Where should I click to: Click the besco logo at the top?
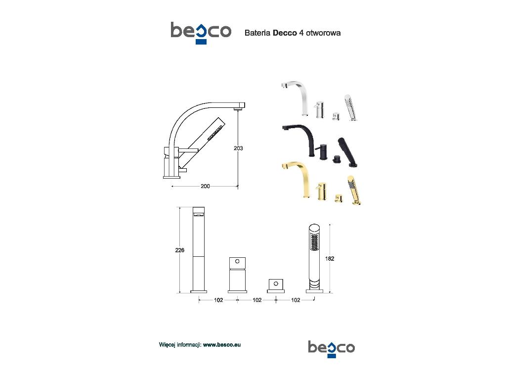pyautogui.click(x=201, y=33)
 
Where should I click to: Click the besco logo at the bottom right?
pyautogui.click(x=332, y=349)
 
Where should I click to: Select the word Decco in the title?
pyautogui.click(x=285, y=33)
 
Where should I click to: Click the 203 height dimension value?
pyautogui.click(x=238, y=148)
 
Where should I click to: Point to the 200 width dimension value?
pyautogui.click(x=205, y=186)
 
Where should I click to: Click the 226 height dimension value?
pyautogui.click(x=180, y=250)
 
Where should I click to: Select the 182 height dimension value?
pyautogui.click(x=330, y=258)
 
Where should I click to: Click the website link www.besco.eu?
pyautogui.click(x=222, y=345)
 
